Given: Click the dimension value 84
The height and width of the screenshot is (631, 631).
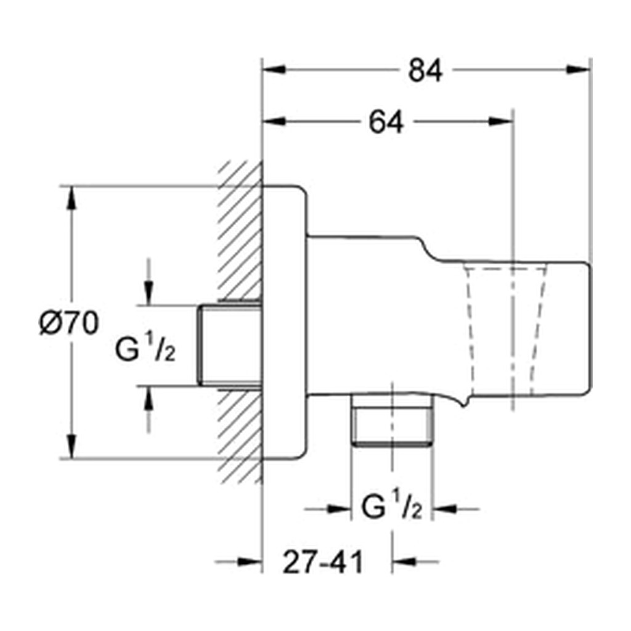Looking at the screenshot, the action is pos(425,70).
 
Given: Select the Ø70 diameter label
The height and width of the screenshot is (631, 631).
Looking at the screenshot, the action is pos(69,323).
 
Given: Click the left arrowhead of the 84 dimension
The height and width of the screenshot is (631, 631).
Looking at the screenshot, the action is pos(274,70).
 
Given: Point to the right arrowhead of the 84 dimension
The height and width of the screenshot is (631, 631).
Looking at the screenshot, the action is pos(579,70).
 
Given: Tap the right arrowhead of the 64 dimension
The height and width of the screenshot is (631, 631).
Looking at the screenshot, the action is pos(500,121).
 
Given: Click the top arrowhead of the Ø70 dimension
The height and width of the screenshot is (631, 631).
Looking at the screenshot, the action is pos(71,198).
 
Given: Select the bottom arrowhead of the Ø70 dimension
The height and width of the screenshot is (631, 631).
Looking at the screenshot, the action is pos(71,446).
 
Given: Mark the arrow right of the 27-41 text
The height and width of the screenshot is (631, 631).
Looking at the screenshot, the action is pos(415,561).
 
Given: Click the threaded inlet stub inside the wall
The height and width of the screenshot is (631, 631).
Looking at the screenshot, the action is pos(230,345).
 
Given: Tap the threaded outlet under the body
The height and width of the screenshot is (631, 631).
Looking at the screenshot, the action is pos(392,420).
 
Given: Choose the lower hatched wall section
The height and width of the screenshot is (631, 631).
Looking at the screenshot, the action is pos(240,436).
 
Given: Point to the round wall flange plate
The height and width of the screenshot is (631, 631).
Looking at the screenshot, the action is pos(285,322).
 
